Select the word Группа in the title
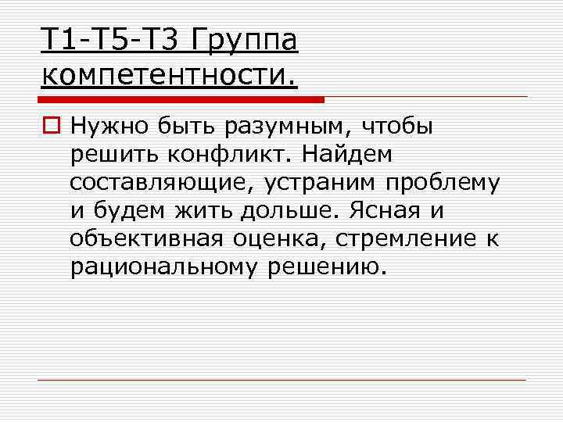click(244, 40)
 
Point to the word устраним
click(321, 183)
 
